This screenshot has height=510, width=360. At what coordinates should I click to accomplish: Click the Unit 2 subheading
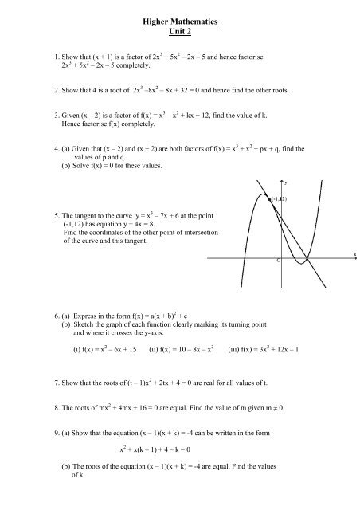click(180, 30)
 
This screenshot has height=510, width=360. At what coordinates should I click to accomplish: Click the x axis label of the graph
click(354, 255)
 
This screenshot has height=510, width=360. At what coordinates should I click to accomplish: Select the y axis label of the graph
click(285, 183)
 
